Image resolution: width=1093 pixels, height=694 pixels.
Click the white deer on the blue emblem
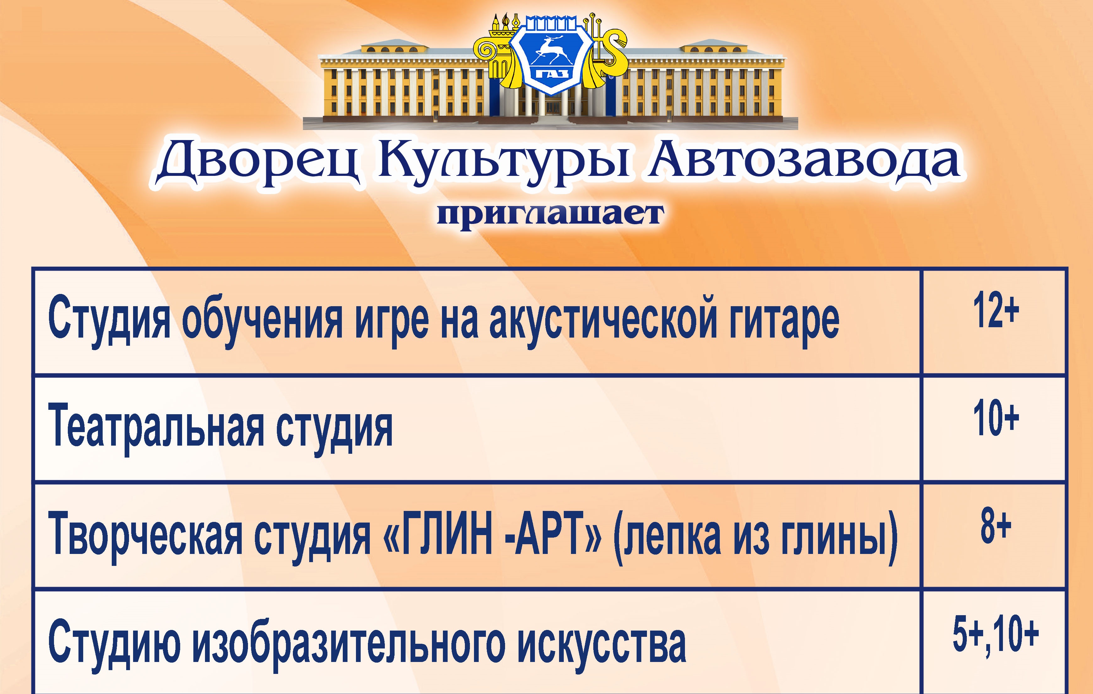(550, 50)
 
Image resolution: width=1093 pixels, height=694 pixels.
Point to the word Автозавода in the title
(803, 161)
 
